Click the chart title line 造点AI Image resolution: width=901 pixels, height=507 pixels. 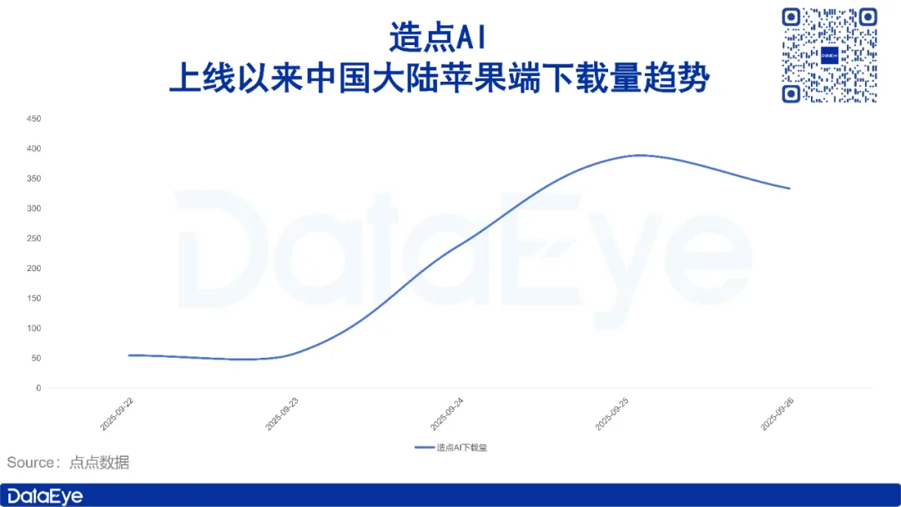click(x=439, y=38)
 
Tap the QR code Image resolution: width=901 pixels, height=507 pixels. click(x=829, y=55)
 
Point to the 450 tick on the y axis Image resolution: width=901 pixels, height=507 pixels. click(x=34, y=119)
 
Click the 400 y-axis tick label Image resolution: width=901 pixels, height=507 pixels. click(x=34, y=148)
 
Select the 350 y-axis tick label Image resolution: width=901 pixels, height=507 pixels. click(x=34, y=178)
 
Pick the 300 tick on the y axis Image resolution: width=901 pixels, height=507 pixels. click(x=34, y=208)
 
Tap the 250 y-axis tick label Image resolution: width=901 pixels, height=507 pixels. click(x=34, y=238)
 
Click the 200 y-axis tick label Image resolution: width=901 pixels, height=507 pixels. click(x=34, y=269)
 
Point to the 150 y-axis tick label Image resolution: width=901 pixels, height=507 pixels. click(x=34, y=298)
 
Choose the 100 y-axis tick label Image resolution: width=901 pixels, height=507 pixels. click(x=34, y=329)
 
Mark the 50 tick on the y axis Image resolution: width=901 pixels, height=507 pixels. click(x=36, y=359)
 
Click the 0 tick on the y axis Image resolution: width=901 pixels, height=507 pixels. click(x=38, y=388)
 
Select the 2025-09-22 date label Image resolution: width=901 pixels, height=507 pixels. click(x=117, y=414)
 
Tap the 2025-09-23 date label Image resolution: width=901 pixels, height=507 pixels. click(x=282, y=414)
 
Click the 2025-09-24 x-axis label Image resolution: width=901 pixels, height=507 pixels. click(x=446, y=414)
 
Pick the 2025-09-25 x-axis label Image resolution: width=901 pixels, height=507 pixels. click(x=612, y=414)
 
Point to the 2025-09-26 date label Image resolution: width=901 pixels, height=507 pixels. click(x=777, y=414)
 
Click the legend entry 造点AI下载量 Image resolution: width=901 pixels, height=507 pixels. click(x=451, y=447)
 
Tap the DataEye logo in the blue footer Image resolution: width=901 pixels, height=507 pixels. click(x=45, y=497)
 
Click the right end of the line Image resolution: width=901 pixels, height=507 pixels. click(x=789, y=188)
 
